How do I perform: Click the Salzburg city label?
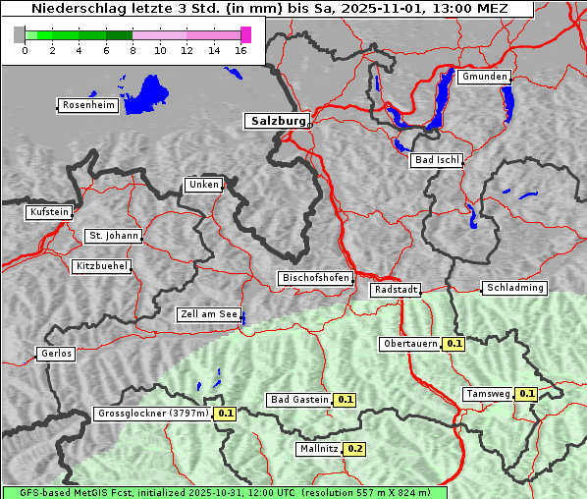click(276, 121)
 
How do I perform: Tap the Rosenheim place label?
click(88, 105)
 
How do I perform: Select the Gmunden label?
click(484, 77)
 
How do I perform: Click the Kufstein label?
click(49, 212)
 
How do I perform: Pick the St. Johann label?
click(113, 236)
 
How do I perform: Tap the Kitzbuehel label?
click(101, 266)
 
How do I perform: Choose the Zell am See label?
click(209, 314)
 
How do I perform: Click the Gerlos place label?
click(55, 354)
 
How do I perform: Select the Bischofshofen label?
click(315, 279)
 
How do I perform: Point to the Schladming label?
click(514, 288)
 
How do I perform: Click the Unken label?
click(203, 185)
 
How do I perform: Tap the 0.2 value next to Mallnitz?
click(355, 449)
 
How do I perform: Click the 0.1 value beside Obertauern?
click(454, 344)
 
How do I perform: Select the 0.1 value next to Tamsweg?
click(527, 394)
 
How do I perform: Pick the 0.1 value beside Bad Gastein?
click(345, 400)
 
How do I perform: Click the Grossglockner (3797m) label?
click(153, 414)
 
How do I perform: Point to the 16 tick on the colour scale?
click(241, 50)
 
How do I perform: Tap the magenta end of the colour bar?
click(245, 34)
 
